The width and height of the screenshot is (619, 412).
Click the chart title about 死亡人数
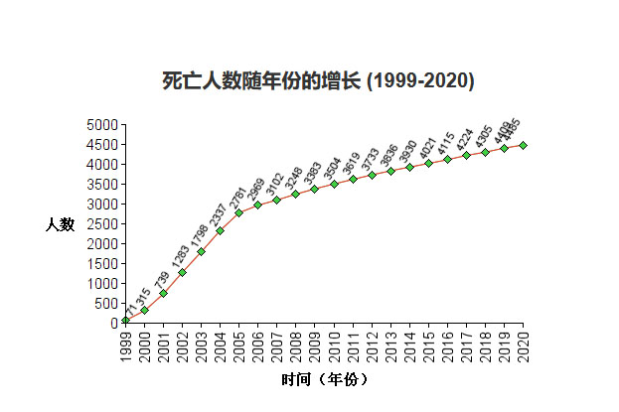coord(318,80)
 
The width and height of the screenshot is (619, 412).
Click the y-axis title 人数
coord(60,224)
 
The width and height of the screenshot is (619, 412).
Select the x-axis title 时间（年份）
coord(325,379)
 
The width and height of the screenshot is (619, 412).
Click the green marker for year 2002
coord(182,272)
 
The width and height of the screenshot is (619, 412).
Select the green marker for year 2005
coord(239,212)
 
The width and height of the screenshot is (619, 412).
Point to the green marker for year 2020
coord(524,145)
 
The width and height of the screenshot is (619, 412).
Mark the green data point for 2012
coord(372,175)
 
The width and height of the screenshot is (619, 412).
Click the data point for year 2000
coord(144,310)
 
